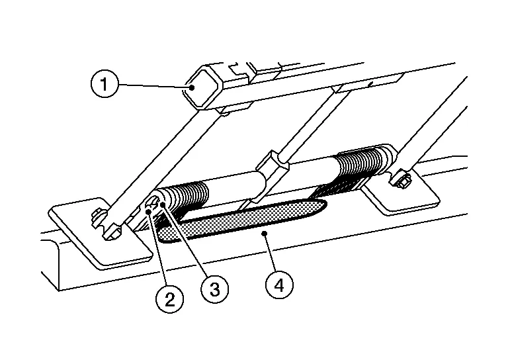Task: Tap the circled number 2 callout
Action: [x=170, y=298]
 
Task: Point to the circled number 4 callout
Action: [x=280, y=285]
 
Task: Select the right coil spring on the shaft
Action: [x=360, y=163]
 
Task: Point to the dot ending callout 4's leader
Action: [x=265, y=234]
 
